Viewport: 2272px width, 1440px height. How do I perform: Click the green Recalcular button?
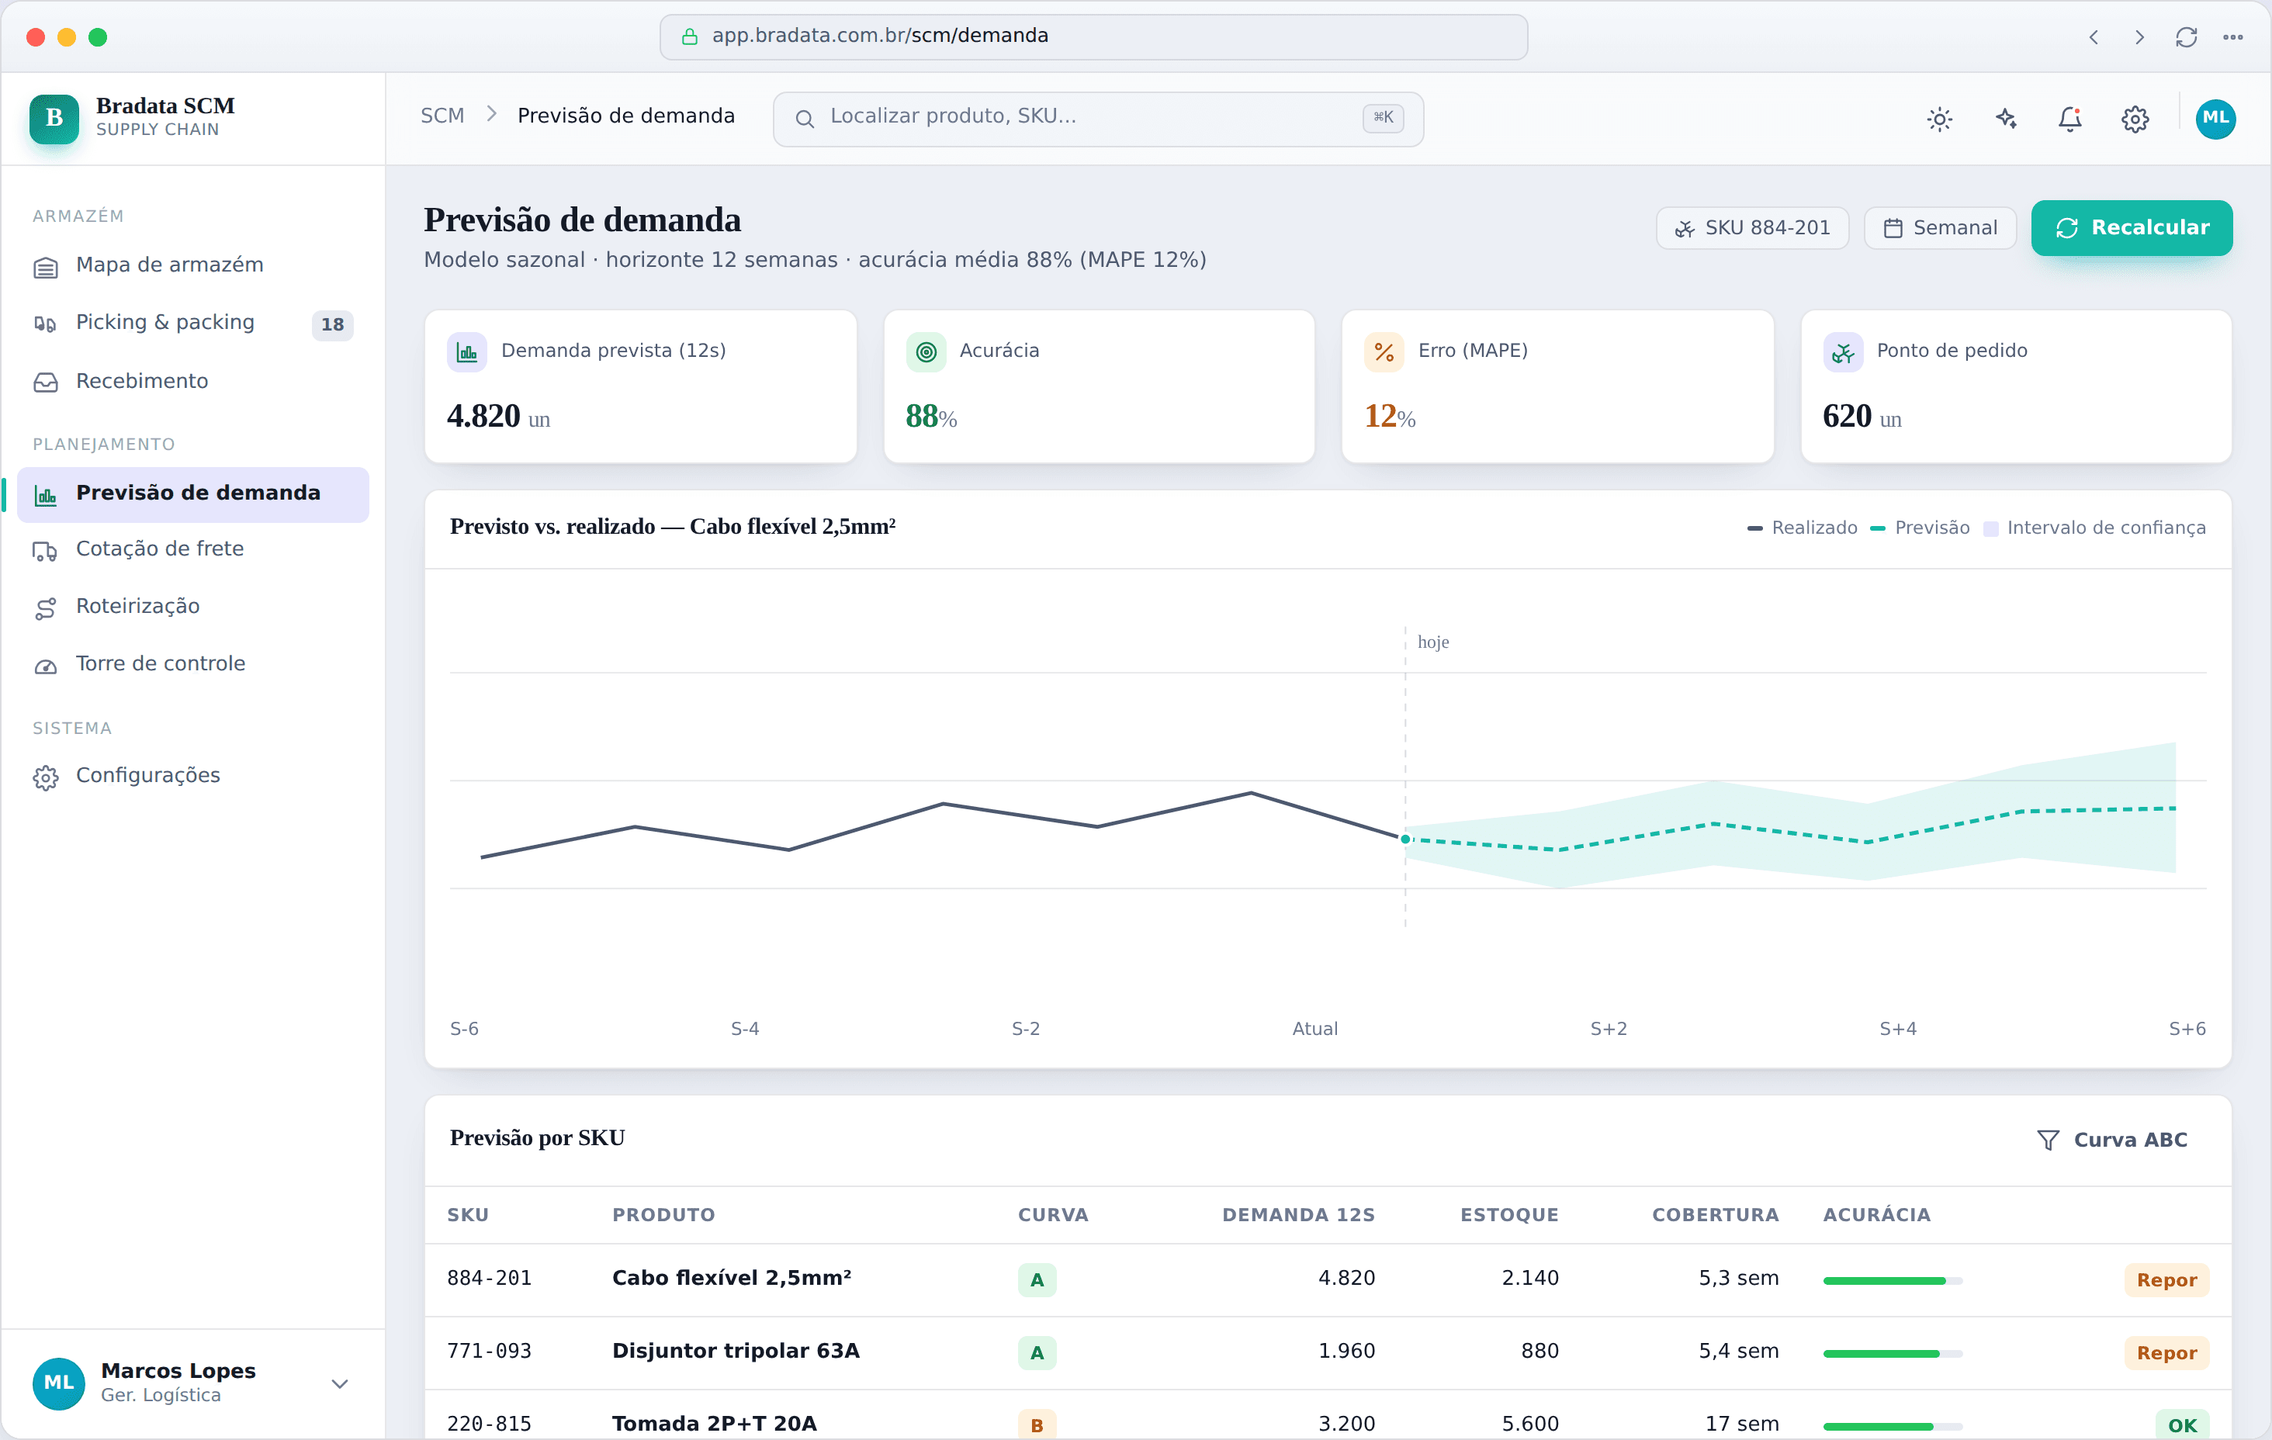click(2132, 227)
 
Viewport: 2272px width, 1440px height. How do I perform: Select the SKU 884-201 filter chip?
click(1752, 227)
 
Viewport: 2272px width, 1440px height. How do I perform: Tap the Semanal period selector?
click(1940, 227)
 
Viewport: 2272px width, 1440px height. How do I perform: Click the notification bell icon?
click(2070, 119)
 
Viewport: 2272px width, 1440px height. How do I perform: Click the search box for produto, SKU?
click(1098, 119)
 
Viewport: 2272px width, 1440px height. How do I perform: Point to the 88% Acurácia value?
click(931, 416)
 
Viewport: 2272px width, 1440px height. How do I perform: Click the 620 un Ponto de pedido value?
click(1862, 416)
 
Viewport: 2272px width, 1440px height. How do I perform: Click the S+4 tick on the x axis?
click(1897, 1029)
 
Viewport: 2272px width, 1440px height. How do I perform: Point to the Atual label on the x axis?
click(1314, 1029)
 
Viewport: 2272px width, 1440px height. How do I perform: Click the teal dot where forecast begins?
click(1405, 839)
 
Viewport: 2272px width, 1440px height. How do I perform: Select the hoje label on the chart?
click(1433, 642)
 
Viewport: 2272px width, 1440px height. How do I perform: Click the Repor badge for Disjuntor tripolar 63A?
click(2166, 1353)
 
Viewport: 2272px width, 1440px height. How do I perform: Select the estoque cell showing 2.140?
click(1529, 1278)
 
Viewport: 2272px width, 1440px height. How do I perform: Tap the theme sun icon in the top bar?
click(1940, 119)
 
